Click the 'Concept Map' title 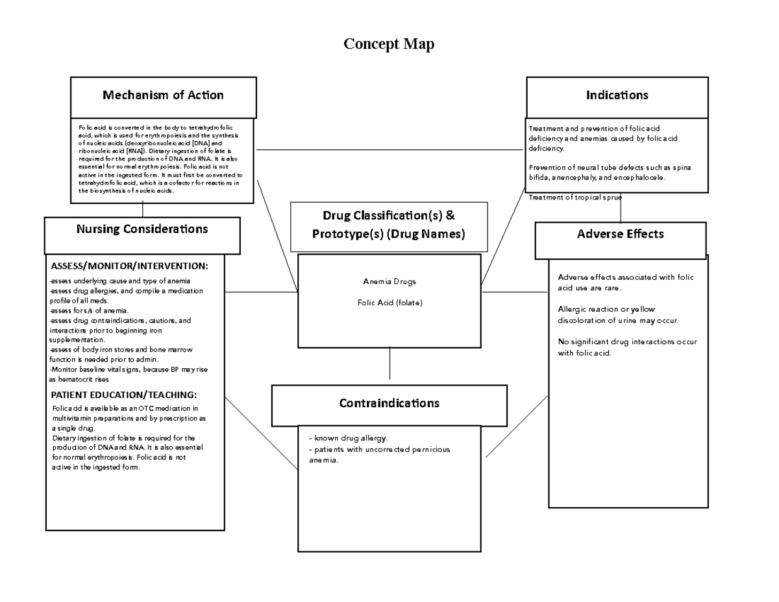pos(389,44)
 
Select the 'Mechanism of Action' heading pos(163,95)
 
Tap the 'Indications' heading pos(617,95)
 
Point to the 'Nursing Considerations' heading pos(142,229)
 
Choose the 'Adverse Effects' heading pos(620,234)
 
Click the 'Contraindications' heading pos(389,403)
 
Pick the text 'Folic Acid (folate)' pos(389,303)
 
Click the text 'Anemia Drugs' pos(389,282)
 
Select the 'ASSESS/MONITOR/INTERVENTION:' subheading pos(129,266)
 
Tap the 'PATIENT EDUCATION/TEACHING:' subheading pos(123,395)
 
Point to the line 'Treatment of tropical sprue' pos(575,197)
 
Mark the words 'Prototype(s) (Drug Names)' pos(388,234)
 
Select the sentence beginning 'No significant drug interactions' pos(627,342)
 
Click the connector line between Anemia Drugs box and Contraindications pos(389,364)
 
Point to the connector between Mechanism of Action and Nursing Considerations pos(143,210)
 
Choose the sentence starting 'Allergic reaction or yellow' pos(607,310)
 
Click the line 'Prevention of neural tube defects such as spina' pos(610,168)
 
